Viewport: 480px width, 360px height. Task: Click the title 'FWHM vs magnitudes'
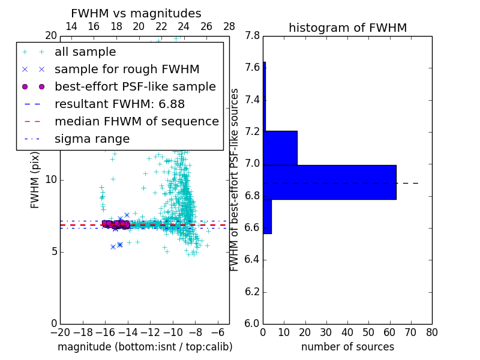click(136, 13)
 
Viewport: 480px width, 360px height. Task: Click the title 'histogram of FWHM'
click(347, 28)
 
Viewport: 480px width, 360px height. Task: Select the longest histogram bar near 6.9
click(329, 182)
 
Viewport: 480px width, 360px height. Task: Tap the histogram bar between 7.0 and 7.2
click(280, 148)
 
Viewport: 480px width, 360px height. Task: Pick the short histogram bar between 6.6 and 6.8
click(267, 216)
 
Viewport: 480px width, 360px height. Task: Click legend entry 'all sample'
click(85, 52)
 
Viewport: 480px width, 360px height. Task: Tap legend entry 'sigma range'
click(92, 139)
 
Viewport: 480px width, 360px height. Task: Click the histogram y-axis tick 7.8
click(252, 36)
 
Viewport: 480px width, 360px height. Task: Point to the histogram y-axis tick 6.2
click(252, 292)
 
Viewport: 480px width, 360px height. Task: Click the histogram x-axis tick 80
click(431, 331)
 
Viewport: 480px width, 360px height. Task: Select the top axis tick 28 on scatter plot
click(229, 26)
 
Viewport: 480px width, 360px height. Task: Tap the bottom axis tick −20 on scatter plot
click(60, 331)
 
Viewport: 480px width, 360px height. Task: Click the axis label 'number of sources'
click(347, 347)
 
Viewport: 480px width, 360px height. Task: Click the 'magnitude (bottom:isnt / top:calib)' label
click(145, 347)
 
